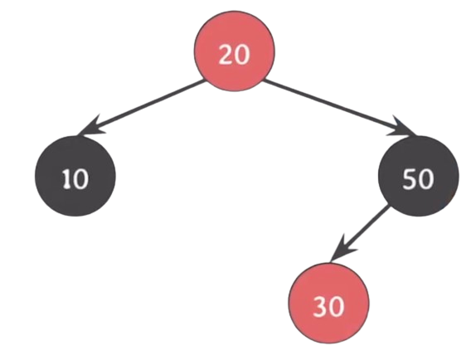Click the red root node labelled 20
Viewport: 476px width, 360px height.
(x=235, y=51)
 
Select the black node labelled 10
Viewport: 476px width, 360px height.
(x=75, y=176)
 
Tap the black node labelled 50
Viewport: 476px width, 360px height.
(x=419, y=176)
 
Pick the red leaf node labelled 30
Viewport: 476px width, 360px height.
(x=328, y=304)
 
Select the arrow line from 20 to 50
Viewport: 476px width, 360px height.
(x=341, y=108)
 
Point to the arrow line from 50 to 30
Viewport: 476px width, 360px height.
(x=360, y=233)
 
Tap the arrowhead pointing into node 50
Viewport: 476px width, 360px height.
(x=403, y=128)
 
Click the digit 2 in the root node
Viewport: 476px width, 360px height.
(x=226, y=55)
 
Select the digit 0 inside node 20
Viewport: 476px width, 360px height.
(x=242, y=55)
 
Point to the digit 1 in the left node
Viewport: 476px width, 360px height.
(x=66, y=179)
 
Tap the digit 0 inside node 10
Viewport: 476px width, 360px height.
(x=81, y=179)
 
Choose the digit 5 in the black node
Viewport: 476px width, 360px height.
(x=410, y=179)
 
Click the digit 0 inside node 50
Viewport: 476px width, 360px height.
(x=425, y=180)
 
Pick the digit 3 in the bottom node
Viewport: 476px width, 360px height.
(x=320, y=307)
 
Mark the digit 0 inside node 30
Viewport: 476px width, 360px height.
(x=337, y=307)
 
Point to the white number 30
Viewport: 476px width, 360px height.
(x=328, y=307)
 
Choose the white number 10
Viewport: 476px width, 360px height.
(x=76, y=179)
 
